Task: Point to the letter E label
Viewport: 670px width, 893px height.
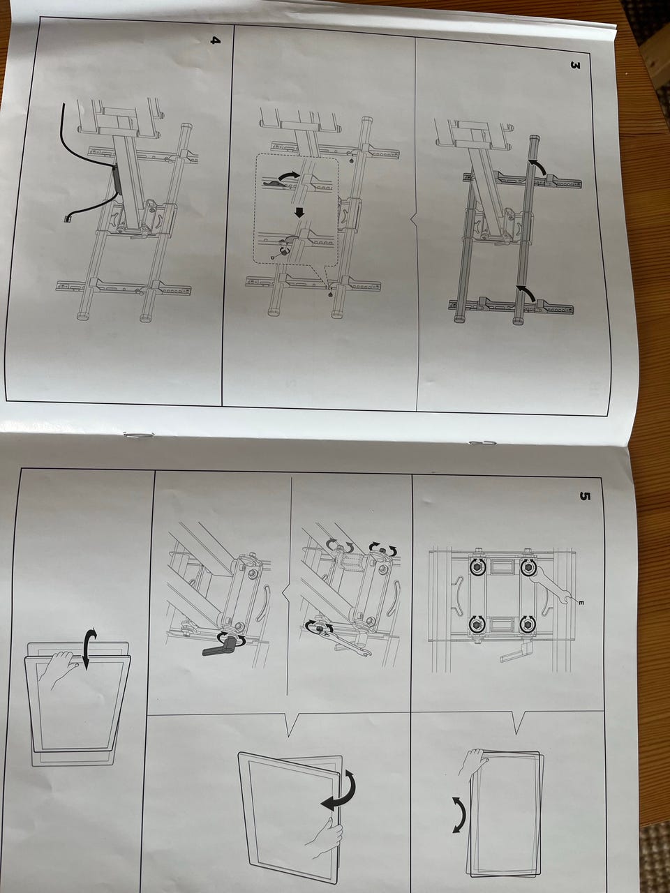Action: tap(581, 603)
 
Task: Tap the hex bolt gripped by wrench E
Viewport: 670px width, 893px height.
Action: tap(529, 566)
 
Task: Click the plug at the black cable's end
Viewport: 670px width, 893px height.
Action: tap(66, 219)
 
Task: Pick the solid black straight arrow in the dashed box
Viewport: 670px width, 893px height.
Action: tap(300, 212)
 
